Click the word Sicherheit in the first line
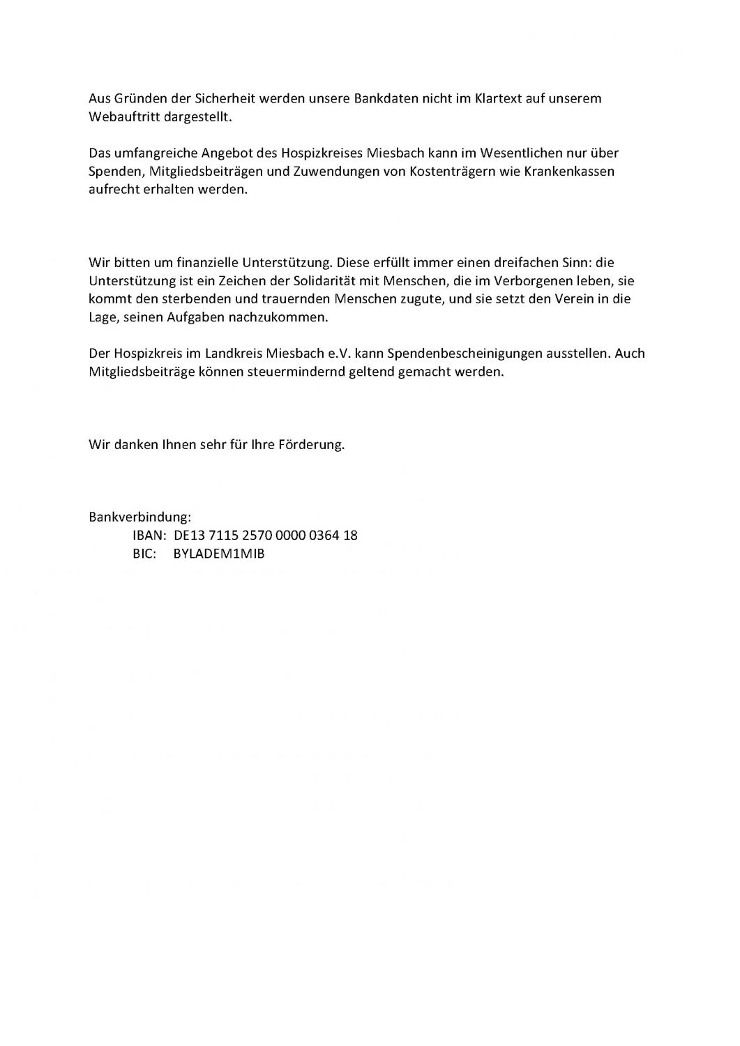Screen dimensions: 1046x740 coord(224,98)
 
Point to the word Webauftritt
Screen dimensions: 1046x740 coord(123,116)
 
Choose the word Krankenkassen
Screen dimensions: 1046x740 coord(573,171)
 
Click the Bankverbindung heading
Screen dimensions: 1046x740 coord(139,517)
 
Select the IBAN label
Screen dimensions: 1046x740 coord(148,536)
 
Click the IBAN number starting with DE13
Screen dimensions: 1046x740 coord(266,536)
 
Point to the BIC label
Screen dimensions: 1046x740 coord(144,554)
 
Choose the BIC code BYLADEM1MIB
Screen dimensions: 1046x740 coord(219,554)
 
